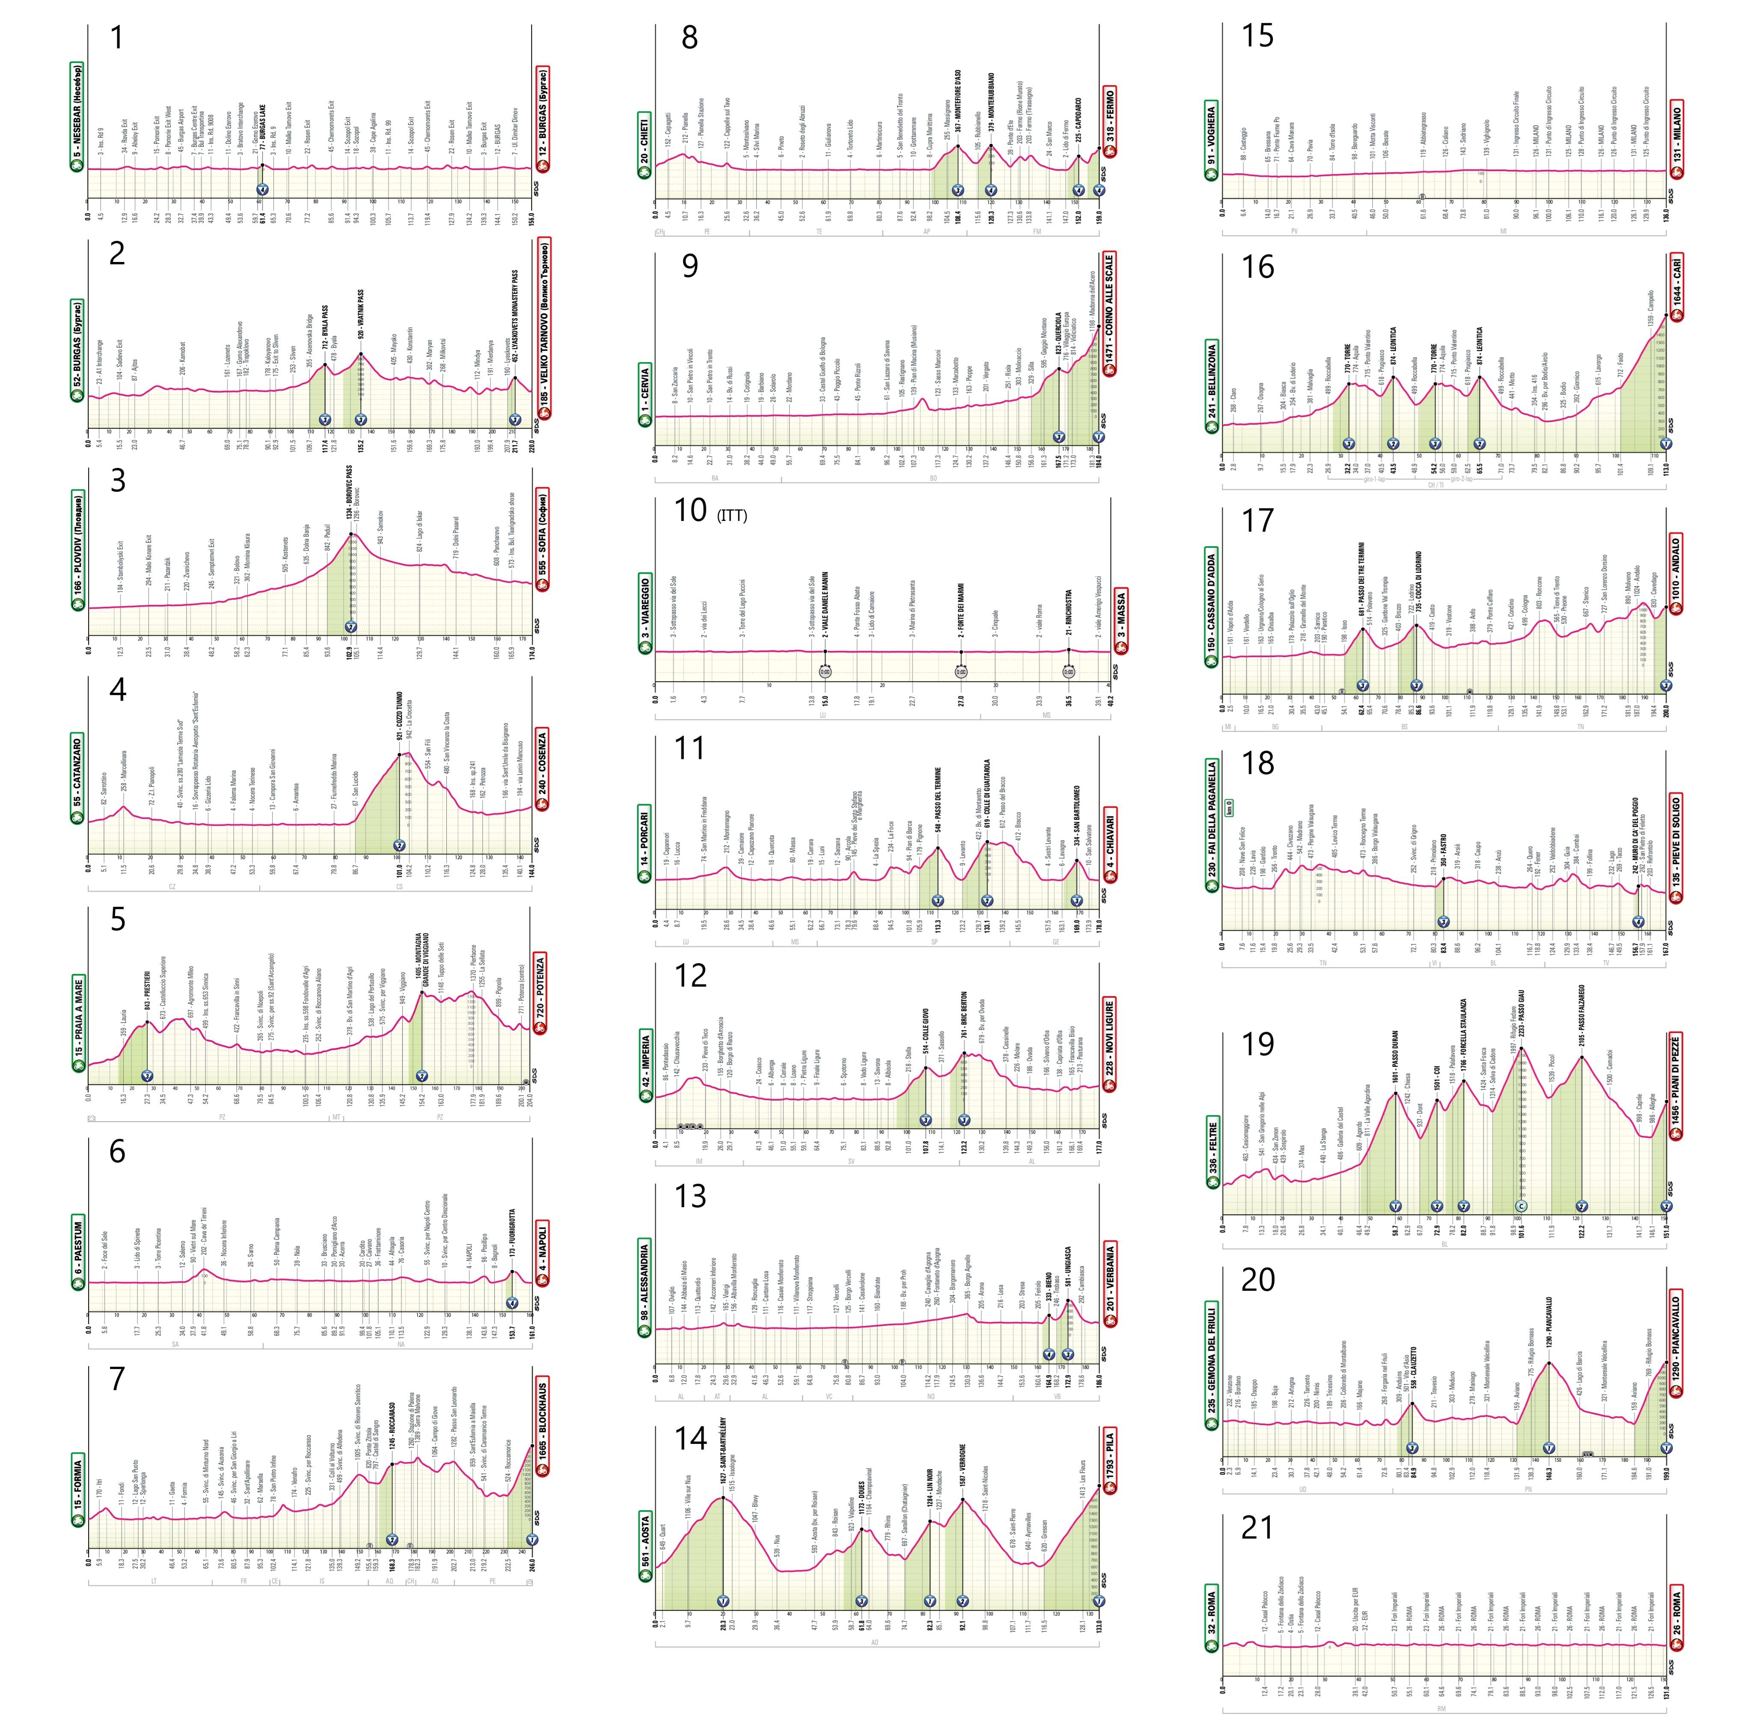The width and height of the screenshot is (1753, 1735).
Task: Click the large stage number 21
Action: (x=1257, y=1528)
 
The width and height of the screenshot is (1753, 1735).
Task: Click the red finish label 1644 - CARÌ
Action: (x=1676, y=290)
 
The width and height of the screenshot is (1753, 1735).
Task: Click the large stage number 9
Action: (x=689, y=266)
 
